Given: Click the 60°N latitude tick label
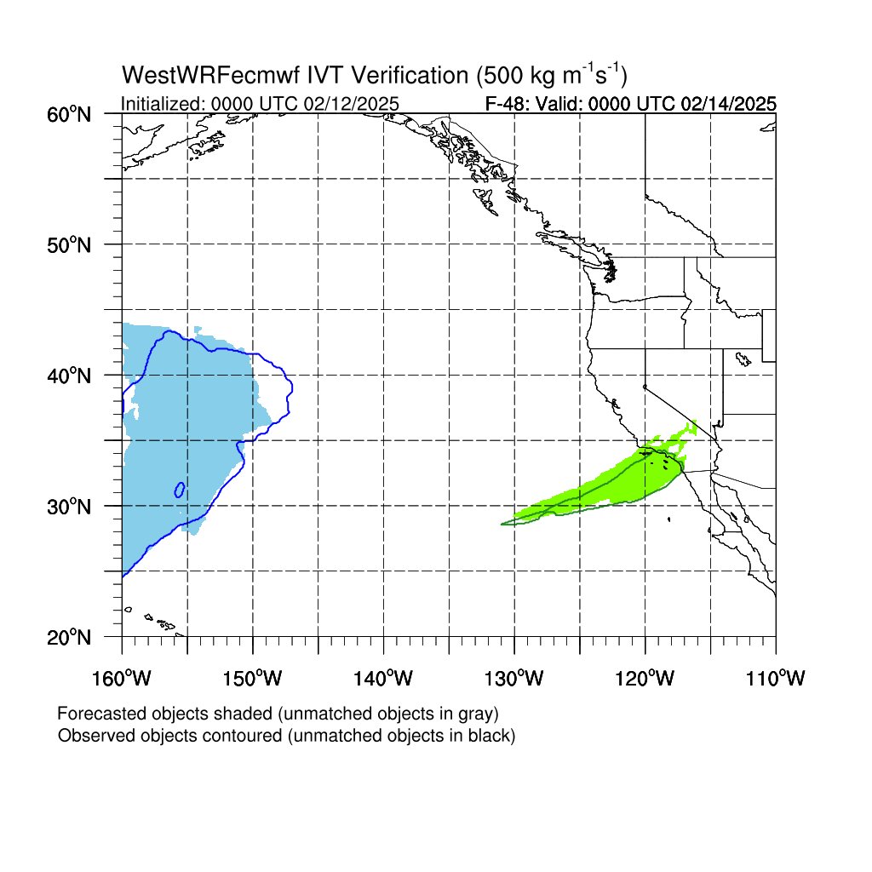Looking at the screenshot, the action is coord(69,115).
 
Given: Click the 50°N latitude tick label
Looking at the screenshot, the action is coord(69,245).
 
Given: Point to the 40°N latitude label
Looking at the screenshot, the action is coord(69,376).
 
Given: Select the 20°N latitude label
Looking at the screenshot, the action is coord(69,638).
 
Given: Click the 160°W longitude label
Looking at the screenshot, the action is coord(121,679).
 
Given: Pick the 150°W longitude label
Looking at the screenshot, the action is coord(252,679).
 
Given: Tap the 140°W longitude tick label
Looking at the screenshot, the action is coord(383,679).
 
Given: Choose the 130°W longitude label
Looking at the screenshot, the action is coord(513,679).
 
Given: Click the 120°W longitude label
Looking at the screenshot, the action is coord(645,679).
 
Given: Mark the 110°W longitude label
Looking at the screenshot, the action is coord(776,679).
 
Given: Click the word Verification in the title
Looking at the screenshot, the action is coord(410,75).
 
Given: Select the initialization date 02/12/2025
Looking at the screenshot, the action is coord(352,104).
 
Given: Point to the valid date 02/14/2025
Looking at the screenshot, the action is coord(729,104).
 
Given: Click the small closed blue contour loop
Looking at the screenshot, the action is coord(180,490).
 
